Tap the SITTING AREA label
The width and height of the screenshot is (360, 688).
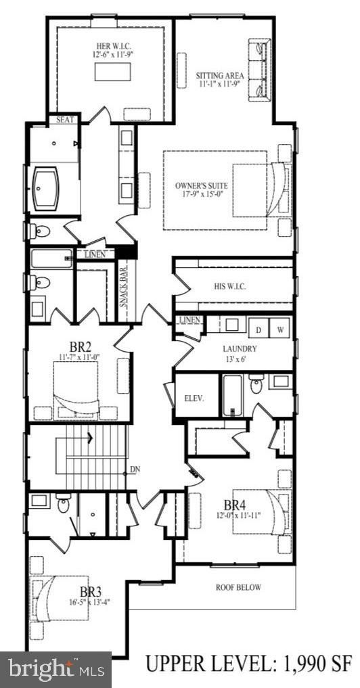(x=220, y=75)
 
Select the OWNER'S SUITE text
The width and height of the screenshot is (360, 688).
(x=201, y=185)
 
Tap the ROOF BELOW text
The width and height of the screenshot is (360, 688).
(x=238, y=587)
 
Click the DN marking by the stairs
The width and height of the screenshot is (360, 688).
(x=136, y=469)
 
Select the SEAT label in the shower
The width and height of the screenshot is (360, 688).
(x=66, y=120)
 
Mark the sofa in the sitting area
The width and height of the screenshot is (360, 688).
(x=261, y=68)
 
